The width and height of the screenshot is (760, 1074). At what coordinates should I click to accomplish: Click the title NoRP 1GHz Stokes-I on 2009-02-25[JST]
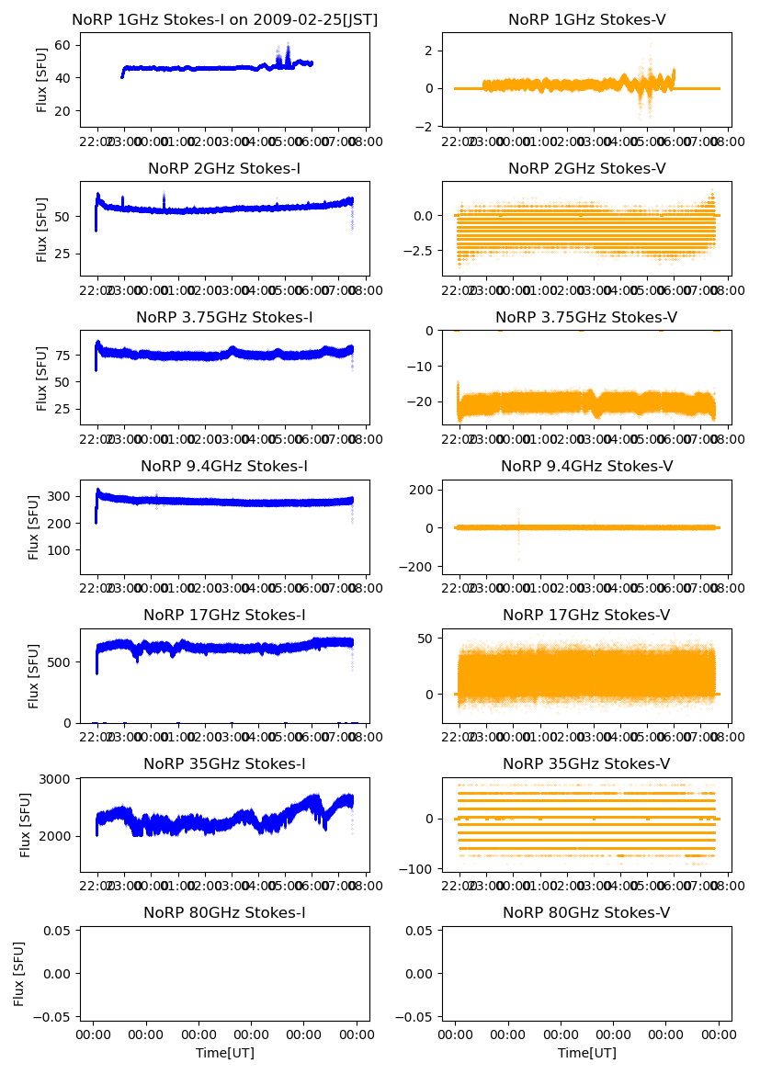225,19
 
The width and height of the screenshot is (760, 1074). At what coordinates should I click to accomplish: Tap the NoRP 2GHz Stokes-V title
586,168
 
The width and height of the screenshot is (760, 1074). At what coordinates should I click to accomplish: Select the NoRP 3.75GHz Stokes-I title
225,317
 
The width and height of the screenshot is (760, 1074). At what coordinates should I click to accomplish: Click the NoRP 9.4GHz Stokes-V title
586,466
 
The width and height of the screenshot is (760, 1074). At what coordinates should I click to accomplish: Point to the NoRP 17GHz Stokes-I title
225,615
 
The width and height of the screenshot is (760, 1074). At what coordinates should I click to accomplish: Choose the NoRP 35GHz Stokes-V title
586,763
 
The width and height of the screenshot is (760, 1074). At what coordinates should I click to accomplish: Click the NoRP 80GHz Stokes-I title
225,912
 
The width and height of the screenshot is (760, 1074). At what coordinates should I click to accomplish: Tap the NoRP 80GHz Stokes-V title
586,912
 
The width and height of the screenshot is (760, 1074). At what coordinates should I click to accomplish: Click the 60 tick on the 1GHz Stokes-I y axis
65,45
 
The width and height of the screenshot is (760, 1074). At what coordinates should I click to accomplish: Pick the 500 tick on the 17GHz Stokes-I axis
62,661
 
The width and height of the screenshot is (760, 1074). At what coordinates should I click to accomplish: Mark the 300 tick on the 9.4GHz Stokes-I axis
62,496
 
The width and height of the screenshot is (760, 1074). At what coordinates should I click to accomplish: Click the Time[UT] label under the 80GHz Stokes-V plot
586,1053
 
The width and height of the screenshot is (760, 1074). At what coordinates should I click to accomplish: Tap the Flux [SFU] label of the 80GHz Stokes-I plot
20,973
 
